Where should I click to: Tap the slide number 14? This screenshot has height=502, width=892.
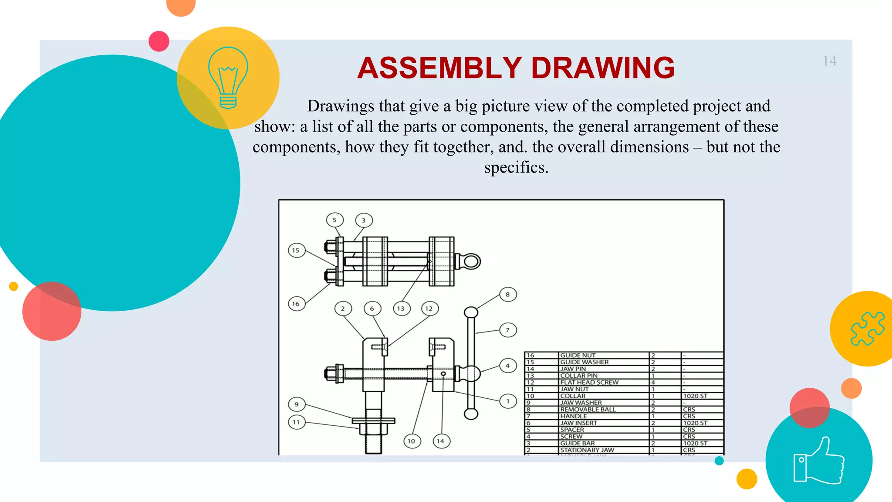point(829,61)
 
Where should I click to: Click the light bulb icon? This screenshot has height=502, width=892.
point(228,78)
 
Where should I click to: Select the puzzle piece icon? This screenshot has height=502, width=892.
point(867,329)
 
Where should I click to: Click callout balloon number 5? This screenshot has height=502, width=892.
point(334,220)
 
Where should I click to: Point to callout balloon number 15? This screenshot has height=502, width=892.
point(296,250)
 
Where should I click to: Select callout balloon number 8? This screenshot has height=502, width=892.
point(508,295)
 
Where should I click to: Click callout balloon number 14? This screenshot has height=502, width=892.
point(441,441)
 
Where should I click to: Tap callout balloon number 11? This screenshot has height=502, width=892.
point(296,422)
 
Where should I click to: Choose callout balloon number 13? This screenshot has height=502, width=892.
point(401,309)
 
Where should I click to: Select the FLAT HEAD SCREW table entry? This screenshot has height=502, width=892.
point(589,382)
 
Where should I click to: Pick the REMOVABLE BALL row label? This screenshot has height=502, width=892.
point(588,409)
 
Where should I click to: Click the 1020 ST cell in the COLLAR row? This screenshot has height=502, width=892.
point(695,396)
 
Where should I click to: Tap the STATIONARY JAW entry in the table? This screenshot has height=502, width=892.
point(587,450)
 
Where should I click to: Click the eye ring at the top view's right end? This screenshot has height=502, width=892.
point(472,261)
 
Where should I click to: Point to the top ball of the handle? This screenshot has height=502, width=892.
point(471,312)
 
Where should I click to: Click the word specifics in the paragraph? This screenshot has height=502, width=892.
point(516,167)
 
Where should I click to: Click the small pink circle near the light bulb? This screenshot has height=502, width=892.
point(159,41)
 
